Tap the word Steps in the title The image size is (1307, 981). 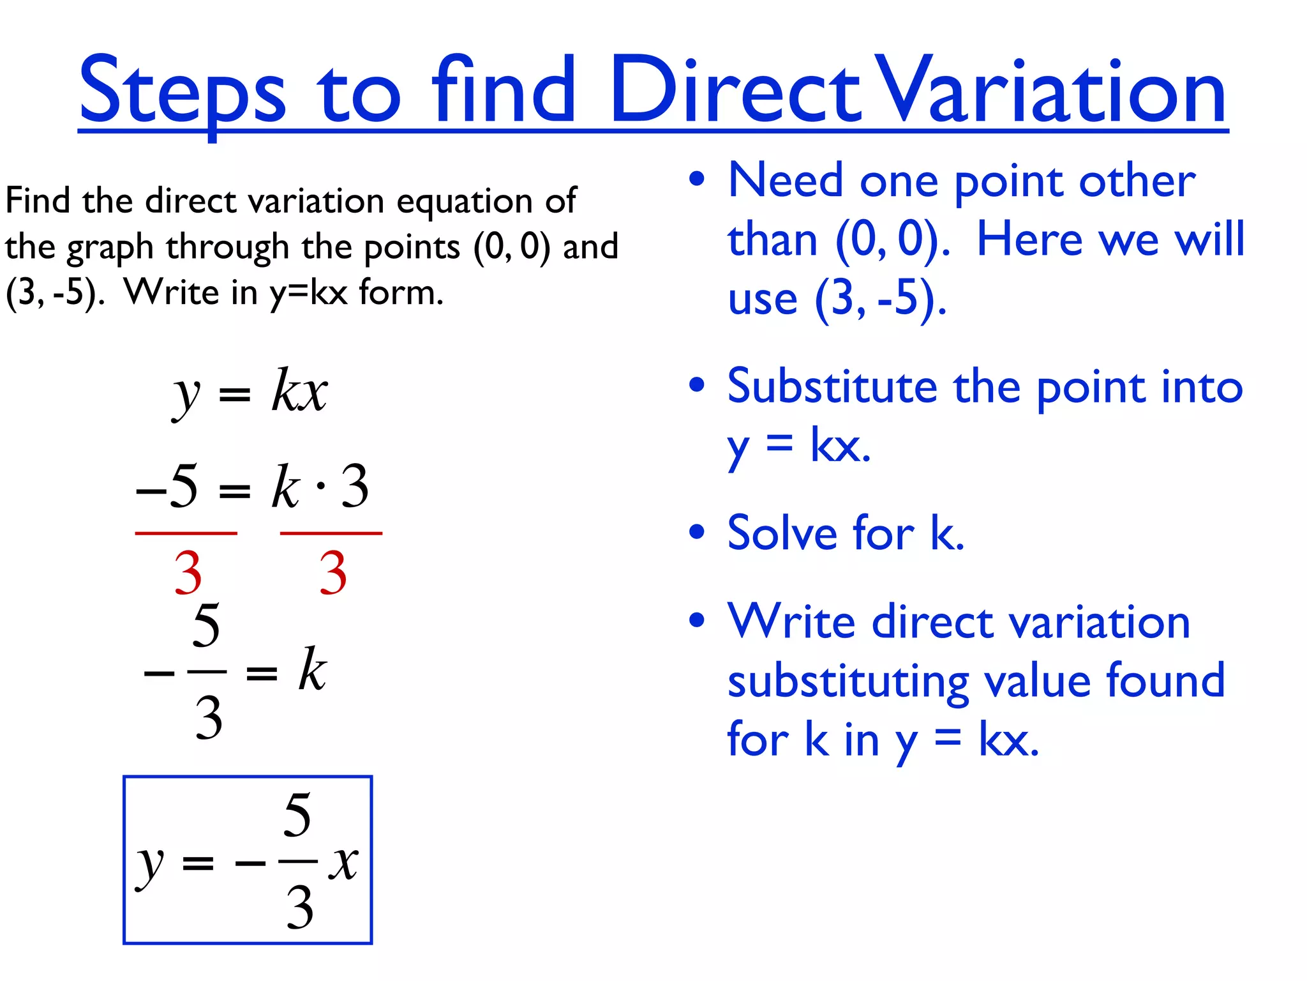point(182,91)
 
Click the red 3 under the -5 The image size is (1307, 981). point(188,573)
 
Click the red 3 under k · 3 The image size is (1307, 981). point(332,573)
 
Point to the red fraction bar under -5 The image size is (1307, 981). point(186,533)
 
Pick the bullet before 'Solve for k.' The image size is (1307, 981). point(697,531)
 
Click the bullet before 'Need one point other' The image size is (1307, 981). point(697,179)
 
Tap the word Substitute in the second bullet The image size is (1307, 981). point(832,386)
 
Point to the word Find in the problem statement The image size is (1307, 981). point(37,201)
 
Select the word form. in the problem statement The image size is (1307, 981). point(401,293)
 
